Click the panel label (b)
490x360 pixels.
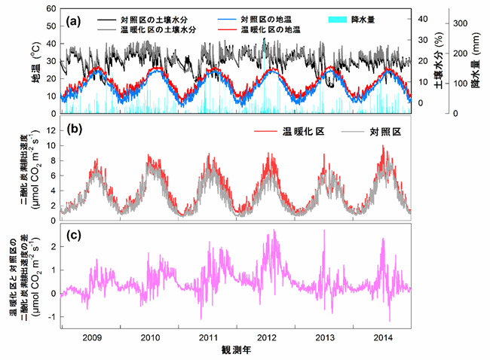coord(74,127)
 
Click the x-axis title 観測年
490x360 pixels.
coord(236,350)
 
